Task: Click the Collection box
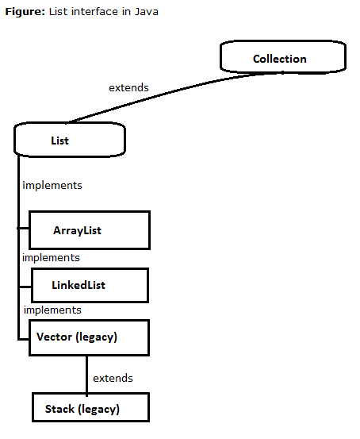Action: pos(283,58)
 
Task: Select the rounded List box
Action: pos(71,141)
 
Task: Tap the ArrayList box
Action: pos(89,230)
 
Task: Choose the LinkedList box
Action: pos(89,284)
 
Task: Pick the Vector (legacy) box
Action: pos(88,337)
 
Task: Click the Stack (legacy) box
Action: pos(90,408)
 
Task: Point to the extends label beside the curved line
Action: pos(128,87)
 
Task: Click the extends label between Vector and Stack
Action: pos(113,378)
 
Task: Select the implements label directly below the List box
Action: pos(52,185)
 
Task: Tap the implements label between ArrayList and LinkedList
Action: pos(51,257)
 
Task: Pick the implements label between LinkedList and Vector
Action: pos(52,310)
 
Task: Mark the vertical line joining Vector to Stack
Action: pos(86,373)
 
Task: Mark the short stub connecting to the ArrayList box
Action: pos(23,229)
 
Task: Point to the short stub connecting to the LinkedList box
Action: pos(24,283)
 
